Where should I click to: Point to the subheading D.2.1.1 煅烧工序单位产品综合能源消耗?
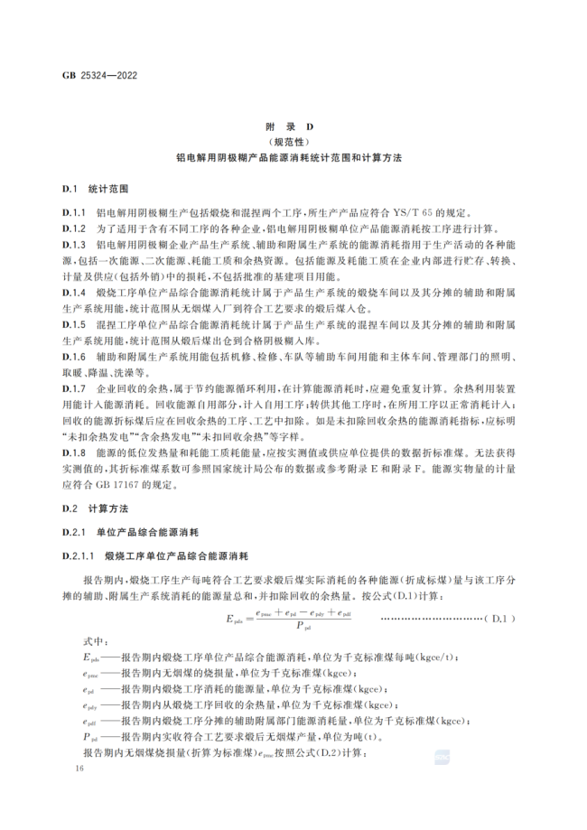pyautogui.click(x=163, y=555)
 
